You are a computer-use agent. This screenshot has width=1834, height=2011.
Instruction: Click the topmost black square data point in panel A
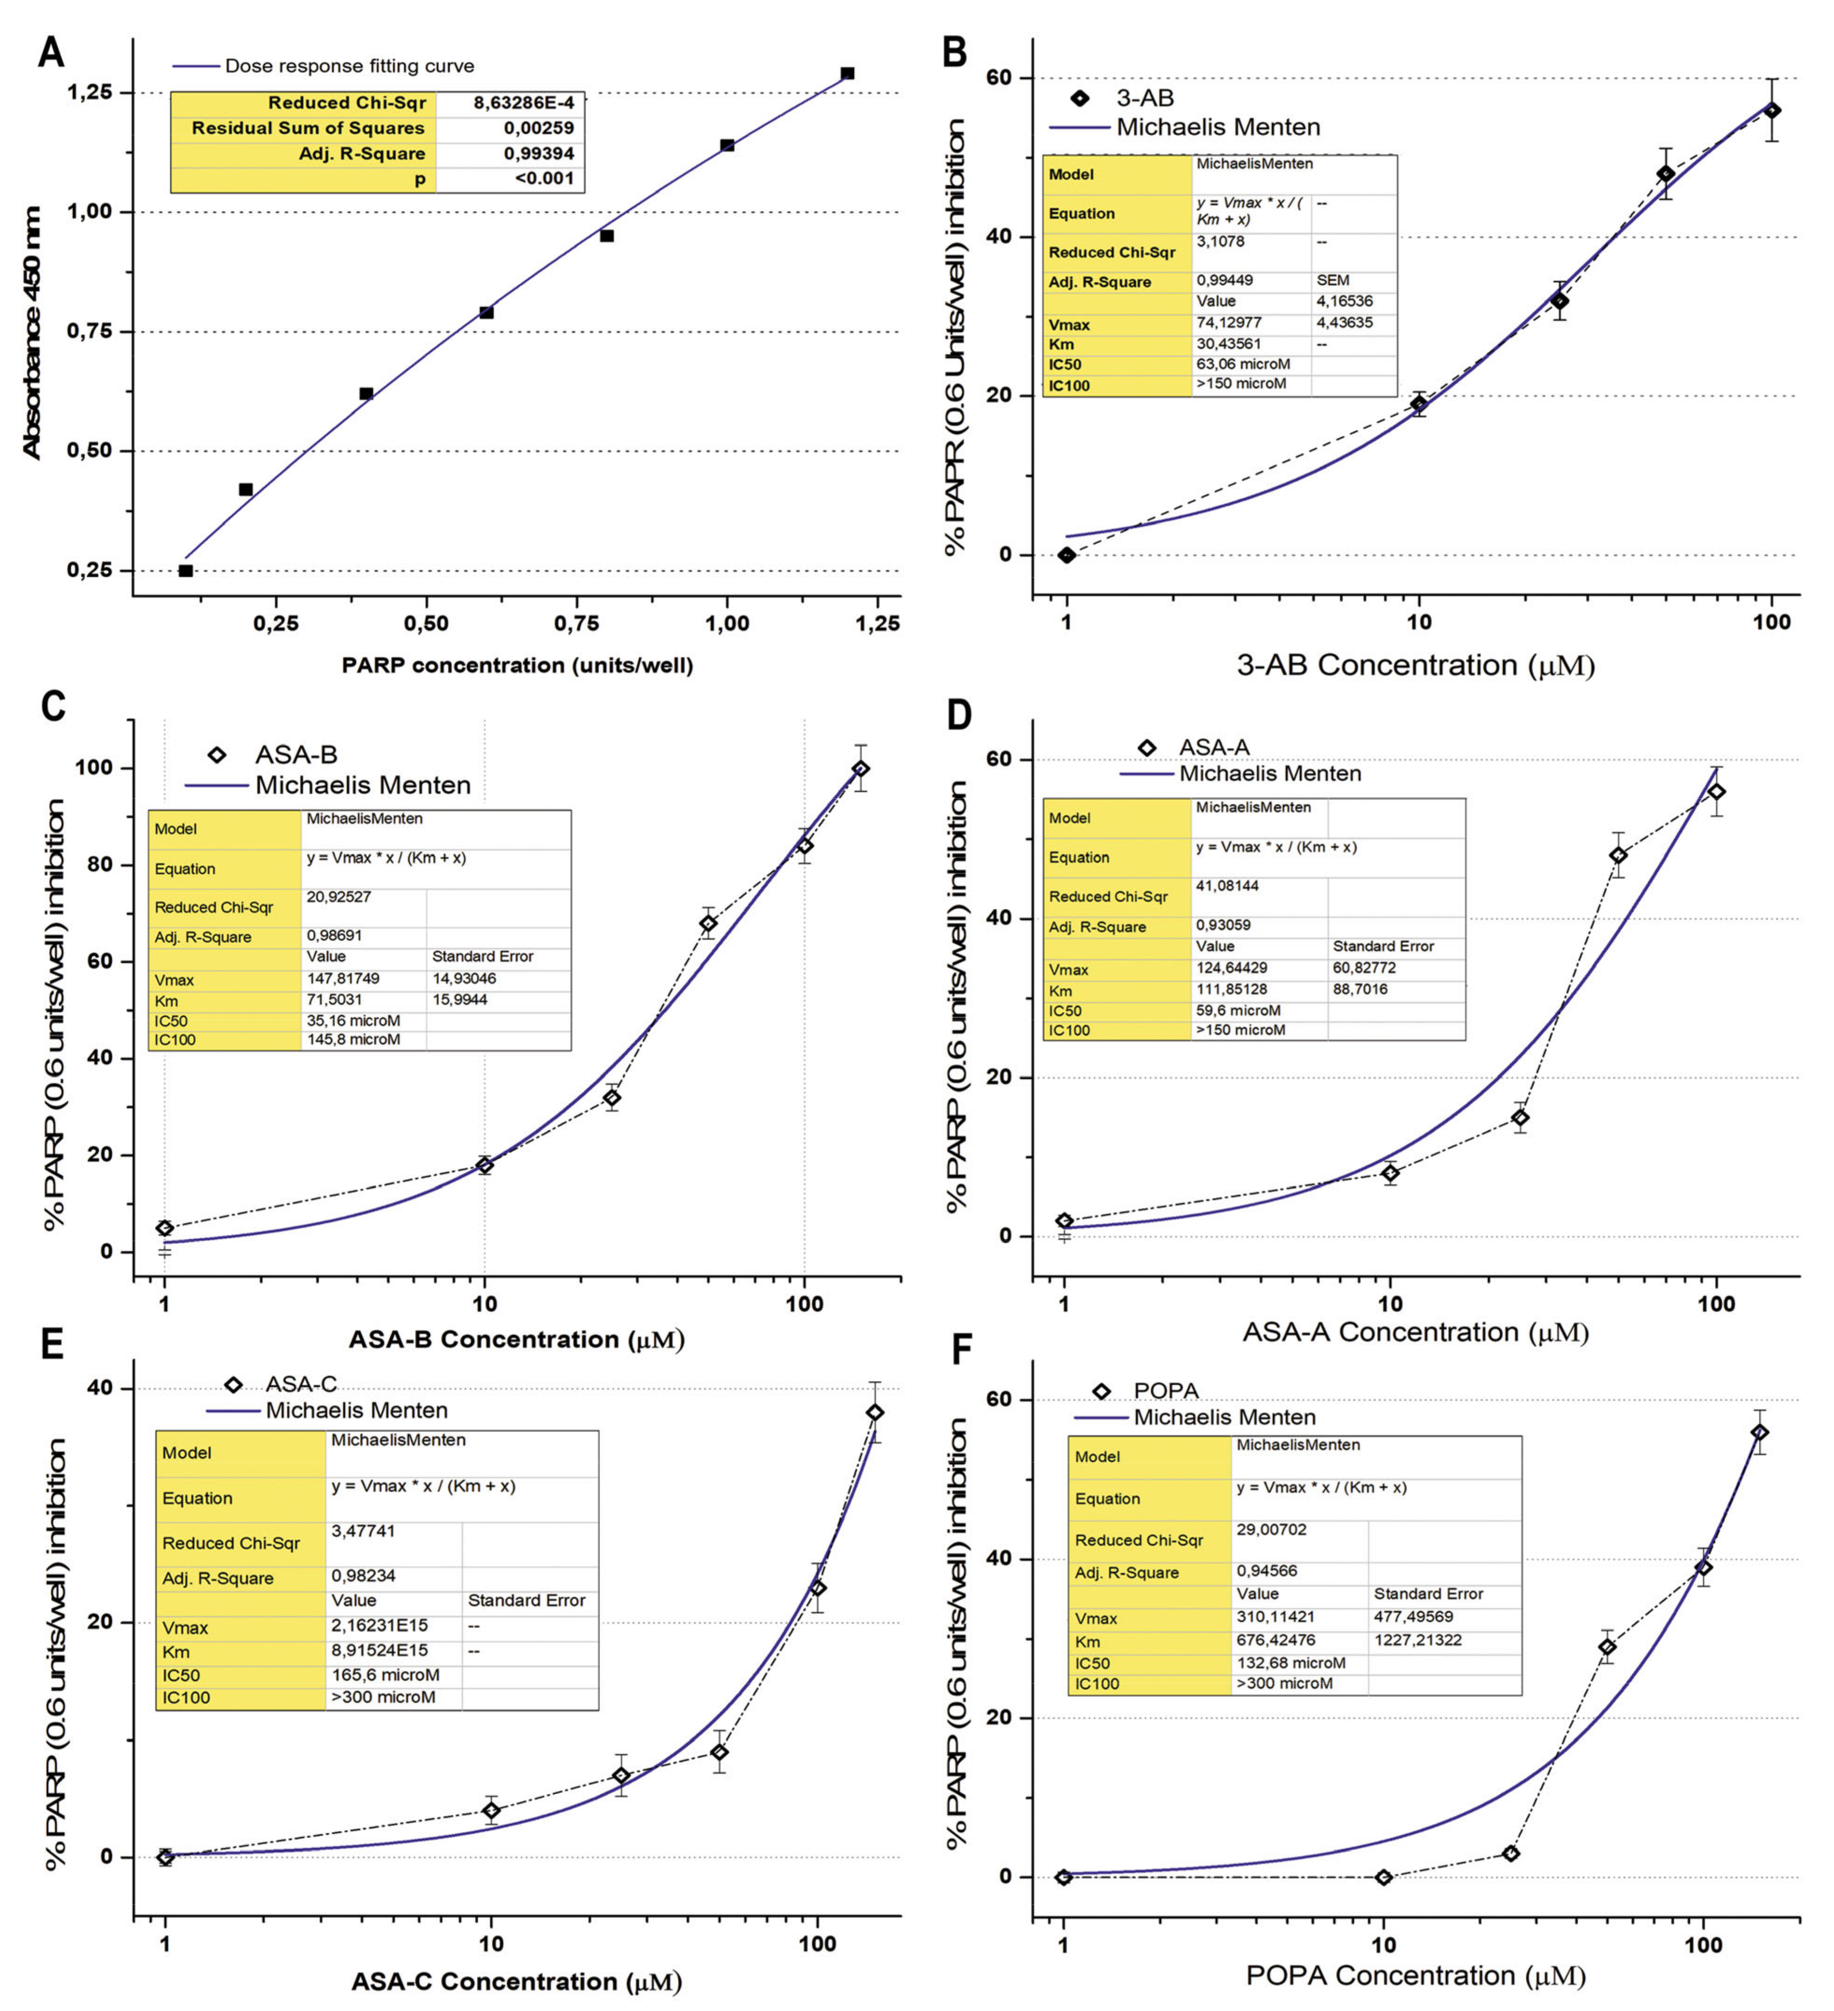847,74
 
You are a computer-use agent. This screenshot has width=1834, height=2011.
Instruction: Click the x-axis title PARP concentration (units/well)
517,666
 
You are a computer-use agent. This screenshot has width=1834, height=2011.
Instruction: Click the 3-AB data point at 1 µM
1067,555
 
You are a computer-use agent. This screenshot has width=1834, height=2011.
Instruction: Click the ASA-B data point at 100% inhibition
860,769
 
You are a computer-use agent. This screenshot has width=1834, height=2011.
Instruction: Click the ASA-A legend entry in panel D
1213,747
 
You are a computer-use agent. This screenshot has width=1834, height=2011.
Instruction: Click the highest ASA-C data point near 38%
875,1412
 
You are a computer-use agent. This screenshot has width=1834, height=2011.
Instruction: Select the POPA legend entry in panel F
1165,1390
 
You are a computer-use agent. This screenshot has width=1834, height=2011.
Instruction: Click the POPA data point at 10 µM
1383,1877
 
